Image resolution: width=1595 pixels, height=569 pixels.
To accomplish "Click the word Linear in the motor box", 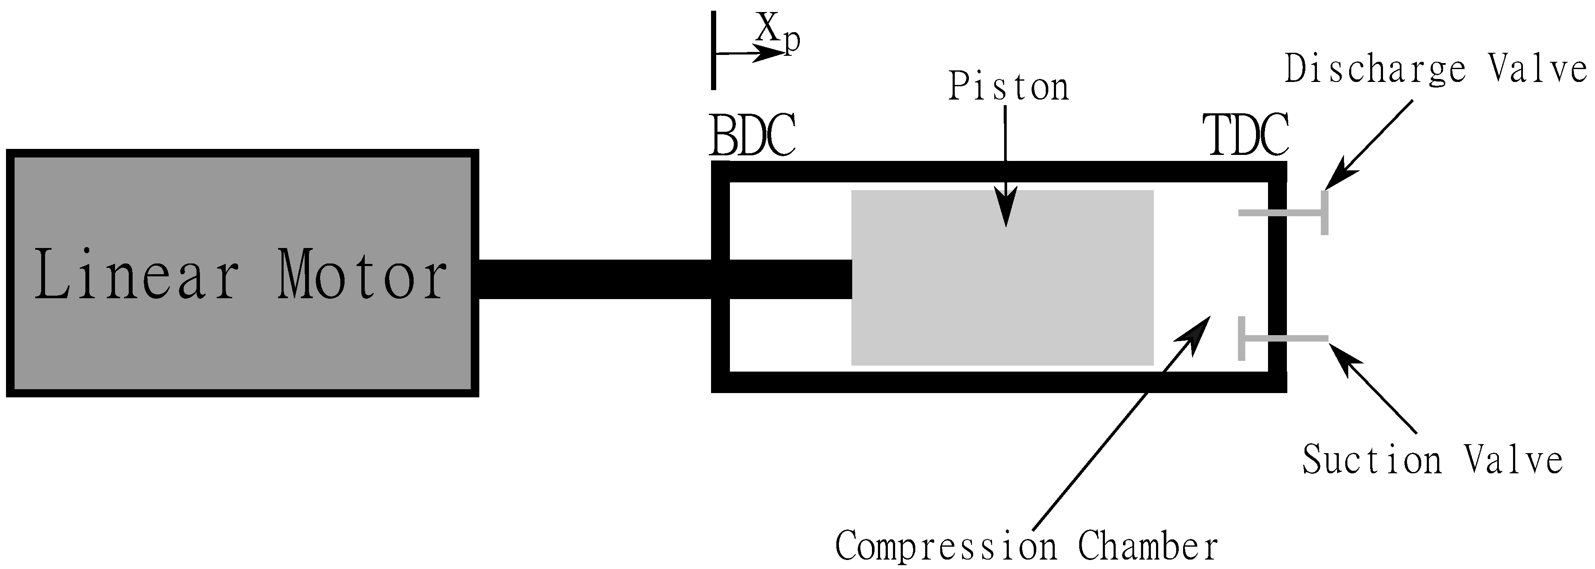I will tap(136, 274).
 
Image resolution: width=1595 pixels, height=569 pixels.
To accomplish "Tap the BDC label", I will tap(752, 135).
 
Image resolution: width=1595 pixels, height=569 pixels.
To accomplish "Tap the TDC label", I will tap(1244, 135).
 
